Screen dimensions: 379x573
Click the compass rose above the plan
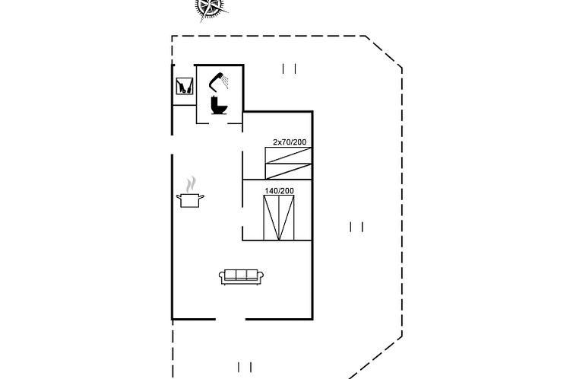[x=212, y=7]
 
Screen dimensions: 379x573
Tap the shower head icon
[x=220, y=77]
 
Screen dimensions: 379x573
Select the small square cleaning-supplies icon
[x=183, y=86]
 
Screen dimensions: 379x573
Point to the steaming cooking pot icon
[x=191, y=199]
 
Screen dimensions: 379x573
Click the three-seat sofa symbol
[x=241, y=276]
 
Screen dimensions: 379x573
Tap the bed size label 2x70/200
[x=290, y=142]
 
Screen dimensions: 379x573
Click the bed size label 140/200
[x=279, y=190]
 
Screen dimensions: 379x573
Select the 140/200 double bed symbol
[x=279, y=218]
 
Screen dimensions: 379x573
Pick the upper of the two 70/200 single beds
[x=288, y=155]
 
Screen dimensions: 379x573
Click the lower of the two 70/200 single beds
[x=288, y=170]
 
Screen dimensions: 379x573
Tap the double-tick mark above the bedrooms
[x=290, y=68]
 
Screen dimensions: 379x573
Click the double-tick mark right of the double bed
[x=356, y=226]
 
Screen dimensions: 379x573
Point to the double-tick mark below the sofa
[x=244, y=367]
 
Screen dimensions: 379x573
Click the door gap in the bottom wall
[x=230, y=319]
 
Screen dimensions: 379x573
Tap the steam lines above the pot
[x=192, y=183]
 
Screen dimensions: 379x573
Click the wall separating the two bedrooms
[x=277, y=180]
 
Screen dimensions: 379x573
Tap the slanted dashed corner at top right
[x=384, y=52]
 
